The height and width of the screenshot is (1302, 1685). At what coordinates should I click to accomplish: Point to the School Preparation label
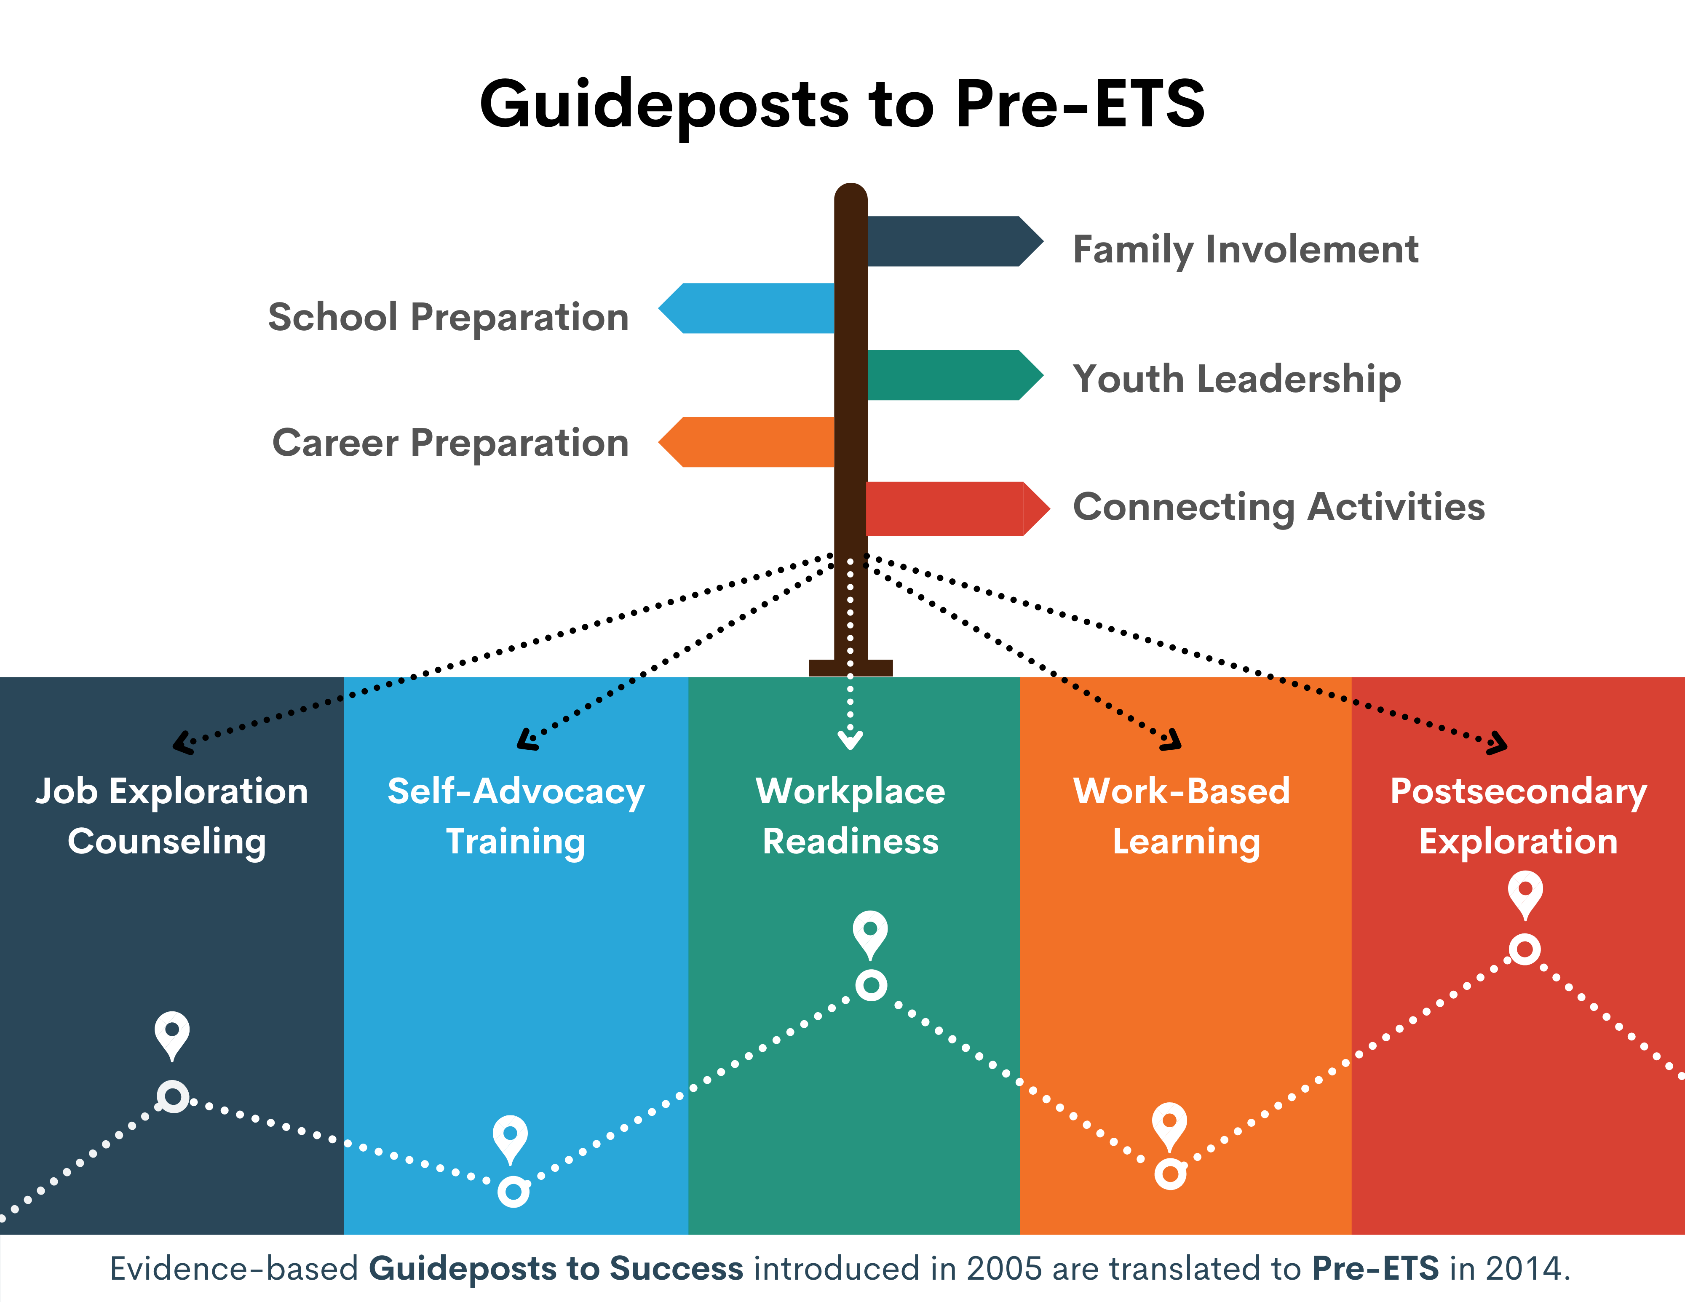448,317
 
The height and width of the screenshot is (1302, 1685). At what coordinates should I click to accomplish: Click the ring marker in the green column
871,985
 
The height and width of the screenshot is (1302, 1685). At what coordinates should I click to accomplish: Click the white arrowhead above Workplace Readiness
850,741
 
